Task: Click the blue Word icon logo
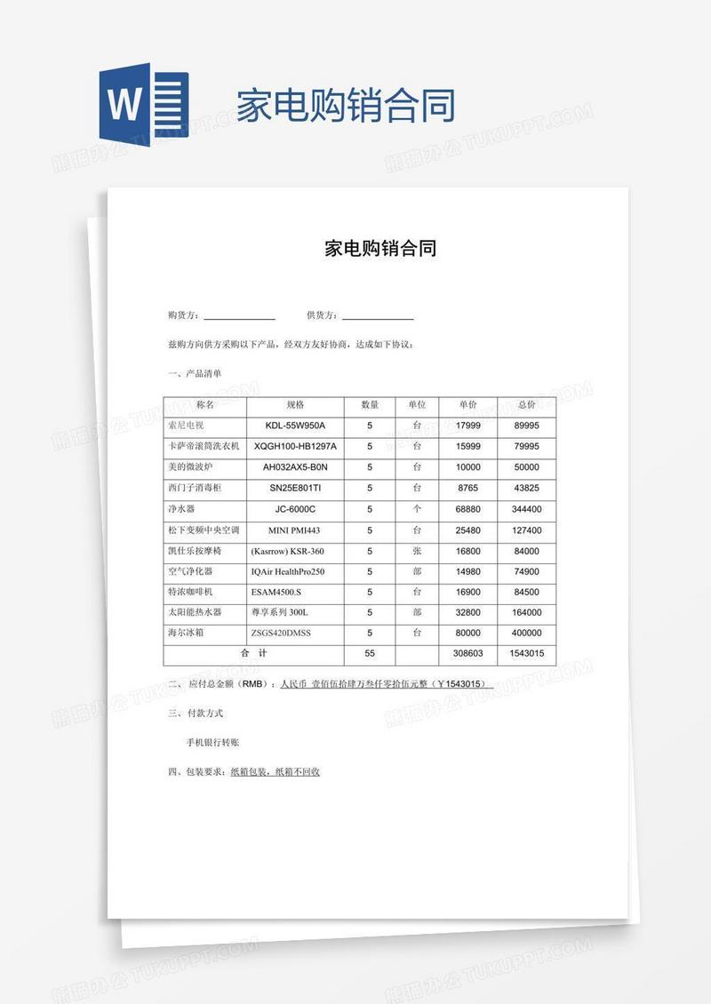(143, 105)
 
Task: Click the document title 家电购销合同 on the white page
(380, 249)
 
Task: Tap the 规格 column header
(295, 405)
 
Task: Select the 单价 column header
(468, 405)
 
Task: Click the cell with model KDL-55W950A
(295, 426)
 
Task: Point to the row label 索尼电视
(186, 426)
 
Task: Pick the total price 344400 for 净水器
(527, 509)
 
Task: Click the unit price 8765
(467, 488)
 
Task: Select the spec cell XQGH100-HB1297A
(295, 446)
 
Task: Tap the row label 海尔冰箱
(186, 633)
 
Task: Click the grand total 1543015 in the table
(527, 654)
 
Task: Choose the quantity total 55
(370, 654)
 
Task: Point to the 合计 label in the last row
(253, 654)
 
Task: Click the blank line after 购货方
(239, 315)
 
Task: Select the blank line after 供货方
(378, 315)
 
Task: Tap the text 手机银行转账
(212, 742)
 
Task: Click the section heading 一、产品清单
(195, 373)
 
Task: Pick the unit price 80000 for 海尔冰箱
(467, 633)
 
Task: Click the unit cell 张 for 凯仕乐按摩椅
(417, 551)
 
